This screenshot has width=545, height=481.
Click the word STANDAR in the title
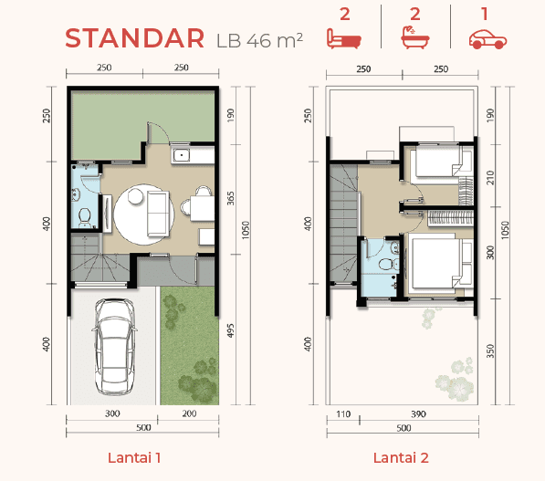134,38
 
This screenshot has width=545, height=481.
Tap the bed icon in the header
344,39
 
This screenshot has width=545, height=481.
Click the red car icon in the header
487,39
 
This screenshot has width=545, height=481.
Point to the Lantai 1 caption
134,457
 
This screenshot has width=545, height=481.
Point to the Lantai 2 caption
401,457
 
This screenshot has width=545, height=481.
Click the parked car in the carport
114,347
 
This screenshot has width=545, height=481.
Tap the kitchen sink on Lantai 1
181,155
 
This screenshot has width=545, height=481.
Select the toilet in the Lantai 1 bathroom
85,216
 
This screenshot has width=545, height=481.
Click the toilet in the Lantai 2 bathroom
388,264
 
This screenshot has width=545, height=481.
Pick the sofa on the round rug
158,214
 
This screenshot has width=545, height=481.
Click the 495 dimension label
230,330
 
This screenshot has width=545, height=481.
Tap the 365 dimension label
230,198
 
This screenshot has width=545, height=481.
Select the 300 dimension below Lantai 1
112,413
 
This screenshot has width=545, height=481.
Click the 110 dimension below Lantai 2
343,414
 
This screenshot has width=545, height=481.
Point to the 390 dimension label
418,414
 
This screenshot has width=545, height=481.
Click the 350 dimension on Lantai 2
490,351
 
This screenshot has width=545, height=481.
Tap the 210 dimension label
490,178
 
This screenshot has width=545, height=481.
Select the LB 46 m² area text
259,40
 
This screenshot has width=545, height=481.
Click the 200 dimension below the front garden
189,413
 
